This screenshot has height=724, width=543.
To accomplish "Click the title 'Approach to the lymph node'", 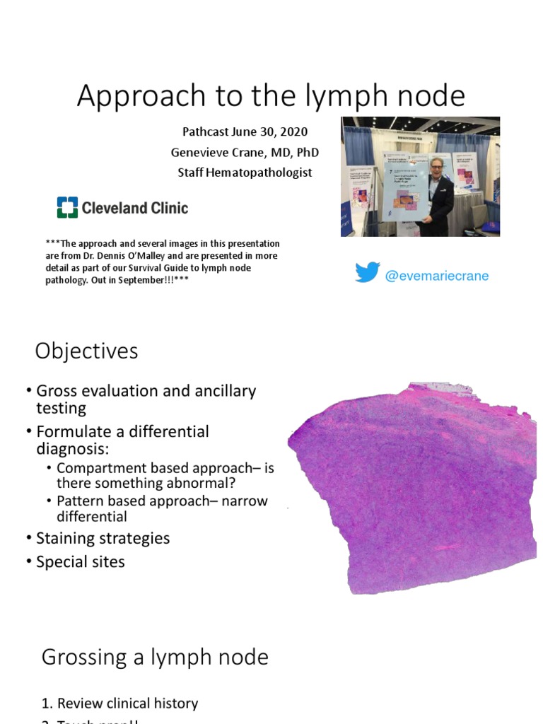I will tap(271, 96).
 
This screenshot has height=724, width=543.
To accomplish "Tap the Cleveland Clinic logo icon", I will tap(68, 208).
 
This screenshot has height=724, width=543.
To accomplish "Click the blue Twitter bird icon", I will tap(368, 274).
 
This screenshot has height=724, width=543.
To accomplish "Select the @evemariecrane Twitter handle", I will tap(436, 276).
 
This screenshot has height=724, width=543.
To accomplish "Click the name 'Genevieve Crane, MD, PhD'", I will tap(245, 152).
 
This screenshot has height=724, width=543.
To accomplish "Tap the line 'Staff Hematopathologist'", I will tap(245, 173).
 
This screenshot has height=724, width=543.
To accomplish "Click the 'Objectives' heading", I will tap(87, 351).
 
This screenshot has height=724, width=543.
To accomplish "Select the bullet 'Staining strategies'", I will tap(103, 538).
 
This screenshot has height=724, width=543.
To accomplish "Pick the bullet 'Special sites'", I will tap(81, 562).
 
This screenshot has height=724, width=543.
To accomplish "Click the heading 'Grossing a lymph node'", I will tap(155, 658).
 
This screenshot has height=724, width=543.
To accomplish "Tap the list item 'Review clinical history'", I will tap(127, 703).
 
